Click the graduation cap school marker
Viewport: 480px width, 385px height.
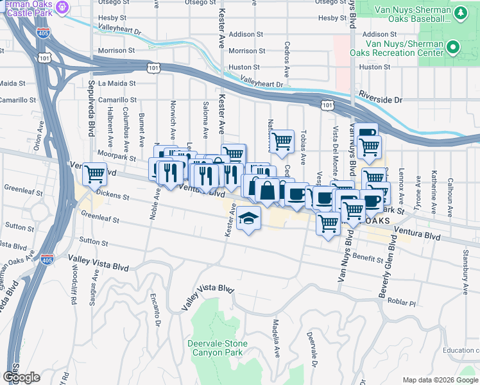pos(248,219)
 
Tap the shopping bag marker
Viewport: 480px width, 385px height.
pos(267,191)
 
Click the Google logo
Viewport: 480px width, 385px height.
pos(21,377)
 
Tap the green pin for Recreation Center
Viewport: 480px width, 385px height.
pos(453,47)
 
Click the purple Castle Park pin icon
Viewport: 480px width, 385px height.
pos(62,8)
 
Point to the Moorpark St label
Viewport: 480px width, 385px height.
pos(117,156)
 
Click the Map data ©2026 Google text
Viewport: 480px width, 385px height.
pos(440,380)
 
